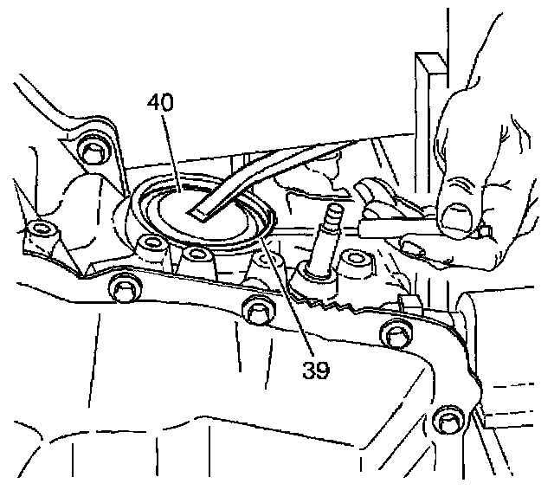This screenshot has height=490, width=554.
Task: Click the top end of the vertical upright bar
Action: pos(427,61)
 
